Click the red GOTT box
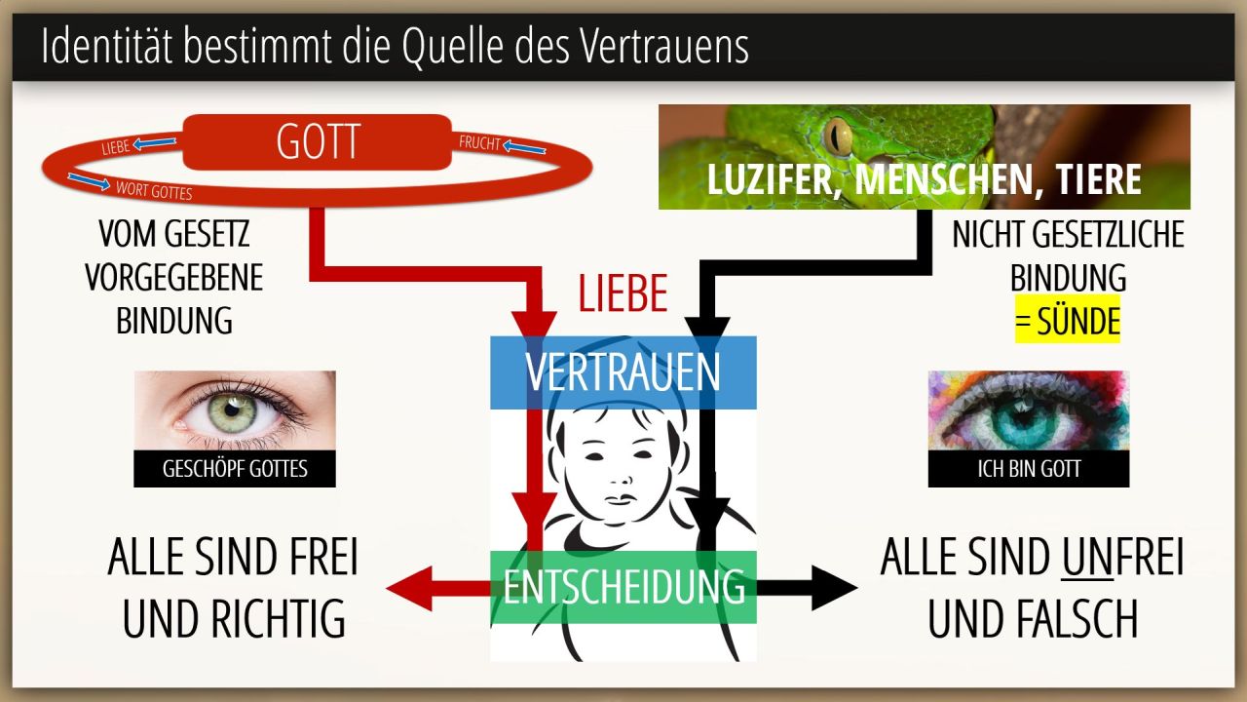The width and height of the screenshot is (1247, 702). coord(318,142)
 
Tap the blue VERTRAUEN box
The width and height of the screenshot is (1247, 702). coord(623,372)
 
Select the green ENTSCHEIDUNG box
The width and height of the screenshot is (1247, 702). coord(623,587)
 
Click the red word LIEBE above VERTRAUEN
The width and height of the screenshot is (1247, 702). coord(623,293)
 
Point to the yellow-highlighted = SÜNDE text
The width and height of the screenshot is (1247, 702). coord(1067,322)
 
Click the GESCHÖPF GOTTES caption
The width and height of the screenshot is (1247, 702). coord(235,469)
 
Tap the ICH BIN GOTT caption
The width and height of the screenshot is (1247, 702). coord(1029,469)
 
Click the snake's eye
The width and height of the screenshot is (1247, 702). coord(837,136)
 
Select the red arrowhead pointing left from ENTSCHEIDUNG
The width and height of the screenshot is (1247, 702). coord(410,588)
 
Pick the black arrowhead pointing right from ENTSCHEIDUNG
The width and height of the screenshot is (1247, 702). coord(834,587)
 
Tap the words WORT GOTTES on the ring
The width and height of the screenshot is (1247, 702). coord(154,190)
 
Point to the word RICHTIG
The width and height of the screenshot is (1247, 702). coord(278,619)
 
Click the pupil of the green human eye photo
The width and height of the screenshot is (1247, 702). coord(232,411)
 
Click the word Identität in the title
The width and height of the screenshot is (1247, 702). coord(106,46)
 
